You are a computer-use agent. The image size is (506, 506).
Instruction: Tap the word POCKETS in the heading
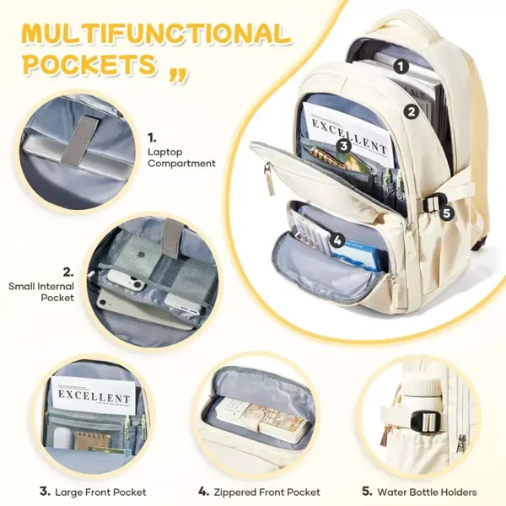point(91,63)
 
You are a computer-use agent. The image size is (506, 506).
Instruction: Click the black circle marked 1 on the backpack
point(401,67)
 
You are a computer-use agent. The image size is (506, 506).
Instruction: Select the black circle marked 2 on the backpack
point(412,111)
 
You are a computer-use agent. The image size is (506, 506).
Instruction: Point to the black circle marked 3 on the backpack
point(344,146)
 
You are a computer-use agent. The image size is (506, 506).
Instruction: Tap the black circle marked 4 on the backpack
point(337,240)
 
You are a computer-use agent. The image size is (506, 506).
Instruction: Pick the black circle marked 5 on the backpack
point(446,213)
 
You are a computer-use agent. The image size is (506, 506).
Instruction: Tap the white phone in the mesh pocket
point(126,282)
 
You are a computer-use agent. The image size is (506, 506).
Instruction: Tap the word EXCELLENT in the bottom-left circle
point(94,396)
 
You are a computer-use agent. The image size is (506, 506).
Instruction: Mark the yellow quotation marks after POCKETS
point(178,77)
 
